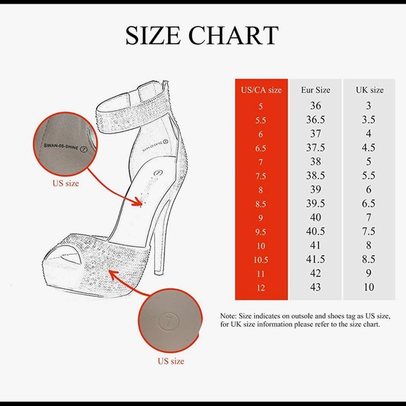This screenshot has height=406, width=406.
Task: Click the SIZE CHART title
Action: click(x=202, y=35)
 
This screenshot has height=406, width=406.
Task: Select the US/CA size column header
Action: click(x=261, y=90)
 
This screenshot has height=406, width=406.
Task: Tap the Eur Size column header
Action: click(x=316, y=90)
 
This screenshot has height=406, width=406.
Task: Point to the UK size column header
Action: click(x=370, y=90)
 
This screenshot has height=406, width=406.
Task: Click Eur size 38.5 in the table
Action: click(x=316, y=176)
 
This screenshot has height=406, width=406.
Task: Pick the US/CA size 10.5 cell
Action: click(x=260, y=260)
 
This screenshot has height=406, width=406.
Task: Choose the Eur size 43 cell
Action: click(x=316, y=287)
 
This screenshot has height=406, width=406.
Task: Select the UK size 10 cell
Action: click(x=369, y=287)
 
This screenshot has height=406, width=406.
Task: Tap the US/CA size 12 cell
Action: click(x=260, y=288)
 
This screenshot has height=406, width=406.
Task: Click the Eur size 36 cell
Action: click(x=316, y=106)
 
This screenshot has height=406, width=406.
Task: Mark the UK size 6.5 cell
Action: click(x=368, y=204)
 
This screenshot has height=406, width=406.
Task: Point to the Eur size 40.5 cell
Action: click(x=316, y=231)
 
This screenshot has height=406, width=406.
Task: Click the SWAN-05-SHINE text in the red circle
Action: click(x=61, y=146)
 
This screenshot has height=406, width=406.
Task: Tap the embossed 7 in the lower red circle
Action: click(x=169, y=322)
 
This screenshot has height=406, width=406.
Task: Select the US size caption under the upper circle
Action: click(x=66, y=183)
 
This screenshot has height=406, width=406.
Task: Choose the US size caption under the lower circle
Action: click(x=171, y=361)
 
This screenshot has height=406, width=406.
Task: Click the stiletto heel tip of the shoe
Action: click(x=158, y=272)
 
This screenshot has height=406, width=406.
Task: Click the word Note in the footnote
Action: click(x=228, y=316)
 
